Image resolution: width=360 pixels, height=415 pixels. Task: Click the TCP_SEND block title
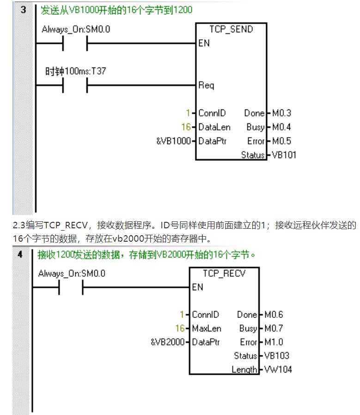pos(231,30)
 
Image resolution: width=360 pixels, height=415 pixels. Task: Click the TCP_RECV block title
pos(224,274)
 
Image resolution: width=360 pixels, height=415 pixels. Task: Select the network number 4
pos(20,254)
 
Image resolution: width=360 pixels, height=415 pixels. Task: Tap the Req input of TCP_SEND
pos(206,85)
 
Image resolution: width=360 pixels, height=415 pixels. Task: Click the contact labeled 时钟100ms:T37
pos(75,85)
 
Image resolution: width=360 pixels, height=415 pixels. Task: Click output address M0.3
pos(281,113)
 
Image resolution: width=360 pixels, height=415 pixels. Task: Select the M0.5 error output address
pos(281,141)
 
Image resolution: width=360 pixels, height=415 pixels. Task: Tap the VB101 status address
pos(284,155)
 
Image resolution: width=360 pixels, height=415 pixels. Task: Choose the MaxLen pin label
pos(206,329)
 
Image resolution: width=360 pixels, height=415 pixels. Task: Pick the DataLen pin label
pos(214,127)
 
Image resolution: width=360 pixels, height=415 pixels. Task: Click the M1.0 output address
pos(274,342)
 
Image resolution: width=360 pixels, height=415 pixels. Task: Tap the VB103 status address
pos(277,356)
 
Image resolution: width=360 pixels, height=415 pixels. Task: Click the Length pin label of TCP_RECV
pos(244,369)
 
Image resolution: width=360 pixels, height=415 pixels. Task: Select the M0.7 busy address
pos(274,329)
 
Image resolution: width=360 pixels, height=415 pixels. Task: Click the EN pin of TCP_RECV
pos(197,287)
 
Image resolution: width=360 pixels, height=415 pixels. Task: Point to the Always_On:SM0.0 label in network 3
pos(76,30)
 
